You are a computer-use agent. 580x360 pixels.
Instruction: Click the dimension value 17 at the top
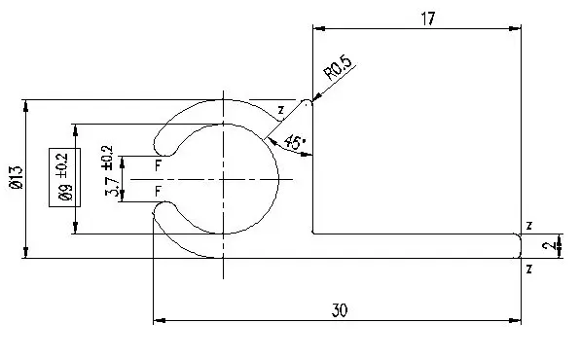pos(428,18)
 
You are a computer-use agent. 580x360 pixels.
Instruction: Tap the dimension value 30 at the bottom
pos(340,310)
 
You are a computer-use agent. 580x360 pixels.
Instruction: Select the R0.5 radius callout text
pos(338,68)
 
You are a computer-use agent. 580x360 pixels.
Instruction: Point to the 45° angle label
pos(295,142)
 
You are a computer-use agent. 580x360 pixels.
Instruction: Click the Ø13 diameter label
pos(17,178)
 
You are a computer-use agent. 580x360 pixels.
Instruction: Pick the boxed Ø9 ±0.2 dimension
pos(65,177)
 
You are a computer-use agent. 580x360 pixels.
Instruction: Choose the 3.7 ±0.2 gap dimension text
pos(110,170)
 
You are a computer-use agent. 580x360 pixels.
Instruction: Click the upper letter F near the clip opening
pos(158,165)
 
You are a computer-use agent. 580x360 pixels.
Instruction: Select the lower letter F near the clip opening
pos(158,192)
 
